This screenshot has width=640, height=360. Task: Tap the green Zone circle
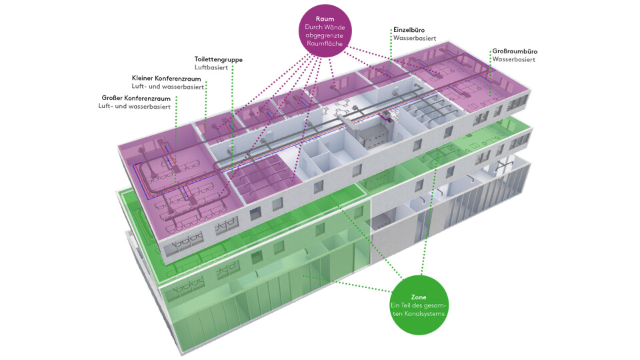(x=419, y=304)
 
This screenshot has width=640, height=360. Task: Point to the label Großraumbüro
(x=515, y=51)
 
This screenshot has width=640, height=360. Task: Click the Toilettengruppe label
(x=219, y=59)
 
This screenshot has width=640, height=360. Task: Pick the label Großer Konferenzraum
(x=137, y=97)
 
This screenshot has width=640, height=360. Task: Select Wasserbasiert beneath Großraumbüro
(x=513, y=59)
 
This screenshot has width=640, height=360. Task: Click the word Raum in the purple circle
(x=325, y=19)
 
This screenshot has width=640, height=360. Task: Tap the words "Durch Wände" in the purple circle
(x=325, y=27)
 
